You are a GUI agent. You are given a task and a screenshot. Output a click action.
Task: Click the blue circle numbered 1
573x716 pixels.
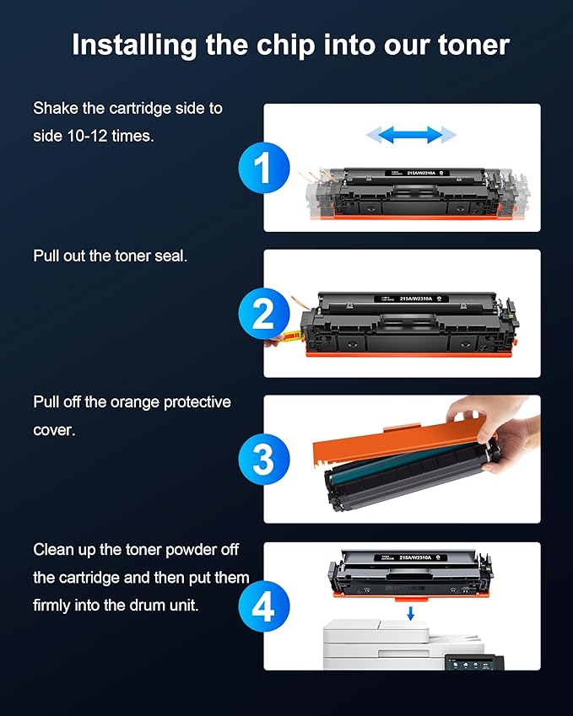pos(263,168)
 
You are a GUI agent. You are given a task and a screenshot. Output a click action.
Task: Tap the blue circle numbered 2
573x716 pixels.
pos(263,314)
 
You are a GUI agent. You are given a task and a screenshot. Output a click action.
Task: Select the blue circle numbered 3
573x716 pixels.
pos(263,460)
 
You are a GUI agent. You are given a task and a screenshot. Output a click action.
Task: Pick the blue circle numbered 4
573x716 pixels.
pos(263,606)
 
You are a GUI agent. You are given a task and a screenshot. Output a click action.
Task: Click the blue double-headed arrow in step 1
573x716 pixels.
pos(410,134)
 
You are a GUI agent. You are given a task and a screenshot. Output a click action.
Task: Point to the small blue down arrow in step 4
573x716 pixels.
pos(411,611)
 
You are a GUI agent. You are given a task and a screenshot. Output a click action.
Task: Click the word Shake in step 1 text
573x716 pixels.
pos(56,109)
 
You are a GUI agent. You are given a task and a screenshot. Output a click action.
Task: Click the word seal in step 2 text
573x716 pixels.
pos(172,256)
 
